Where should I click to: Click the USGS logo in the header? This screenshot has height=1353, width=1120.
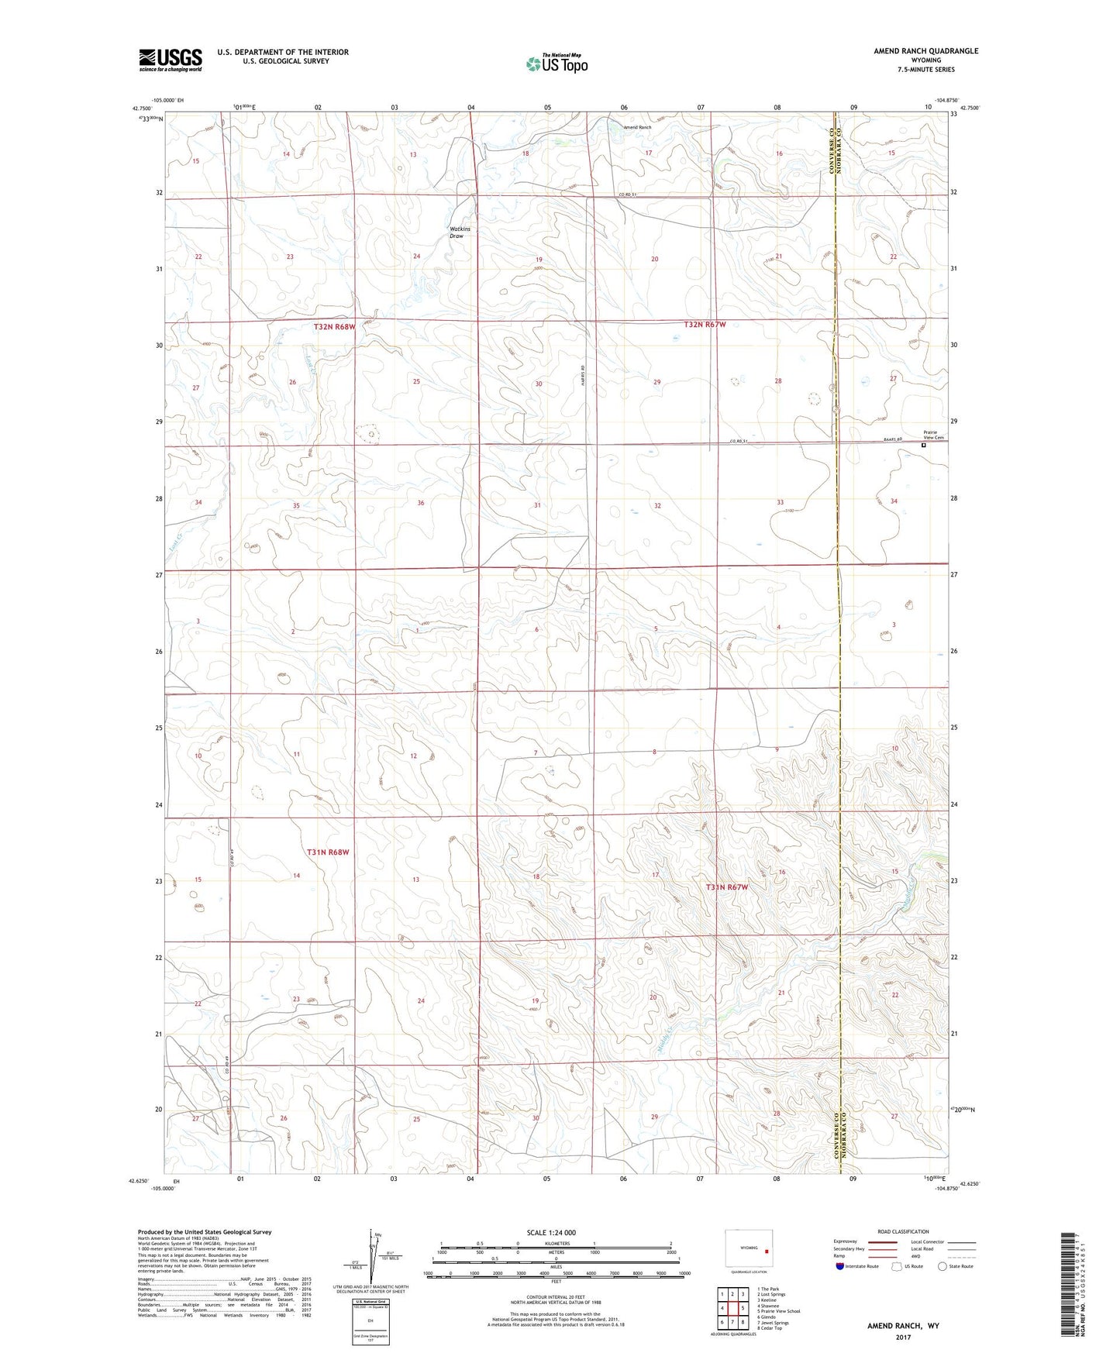[x=170, y=60]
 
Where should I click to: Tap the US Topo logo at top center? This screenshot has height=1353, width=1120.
[x=556, y=64]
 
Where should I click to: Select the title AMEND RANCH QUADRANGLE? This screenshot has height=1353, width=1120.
[x=925, y=51]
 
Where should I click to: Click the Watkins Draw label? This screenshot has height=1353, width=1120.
[x=460, y=232]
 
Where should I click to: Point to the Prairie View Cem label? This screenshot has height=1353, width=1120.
[x=933, y=436]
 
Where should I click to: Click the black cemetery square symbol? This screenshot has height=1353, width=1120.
[x=923, y=446]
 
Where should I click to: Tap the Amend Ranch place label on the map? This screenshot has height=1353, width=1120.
[x=637, y=127]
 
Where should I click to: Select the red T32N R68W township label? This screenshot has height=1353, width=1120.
[x=334, y=327]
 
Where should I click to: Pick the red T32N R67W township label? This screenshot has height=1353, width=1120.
[x=705, y=325]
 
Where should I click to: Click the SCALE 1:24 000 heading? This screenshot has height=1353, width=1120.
[x=551, y=1233]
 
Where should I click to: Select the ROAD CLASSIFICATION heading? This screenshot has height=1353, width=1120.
[x=903, y=1232]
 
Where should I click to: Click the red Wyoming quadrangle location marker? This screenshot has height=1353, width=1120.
[x=766, y=1250]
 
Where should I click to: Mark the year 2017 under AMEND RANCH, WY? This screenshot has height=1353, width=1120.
[x=902, y=1338]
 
